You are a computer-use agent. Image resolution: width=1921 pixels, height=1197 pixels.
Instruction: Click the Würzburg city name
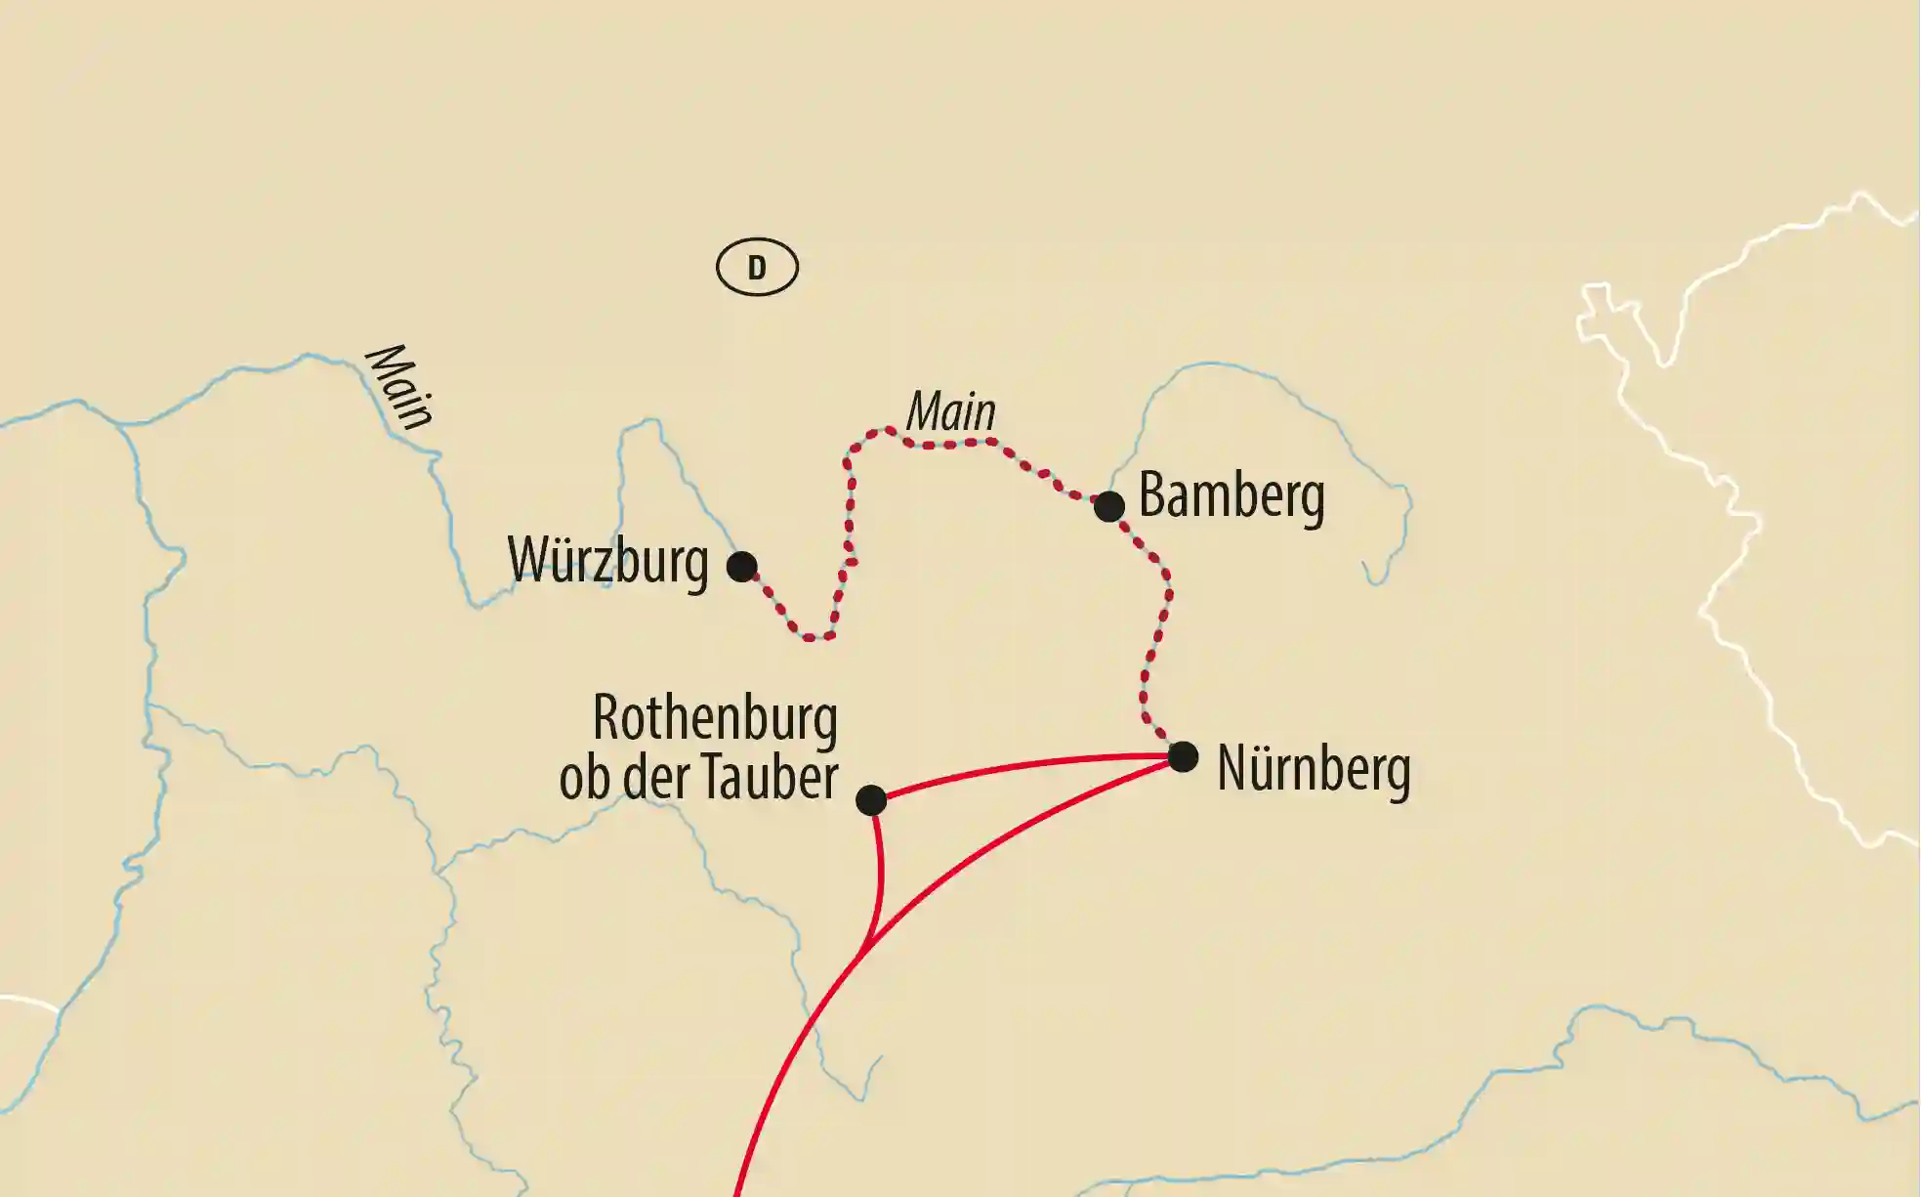pos(607,562)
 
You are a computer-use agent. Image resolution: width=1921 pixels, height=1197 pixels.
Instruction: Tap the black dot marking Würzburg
pos(742,566)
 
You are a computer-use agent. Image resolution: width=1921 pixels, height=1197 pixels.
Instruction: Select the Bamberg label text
pos(1232,496)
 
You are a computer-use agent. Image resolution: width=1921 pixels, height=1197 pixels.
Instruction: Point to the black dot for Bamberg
pos(1108,506)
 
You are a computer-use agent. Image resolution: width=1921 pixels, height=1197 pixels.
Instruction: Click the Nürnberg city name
pos(1314,769)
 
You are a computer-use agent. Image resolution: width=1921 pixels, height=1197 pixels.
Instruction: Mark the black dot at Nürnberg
pos(1183,756)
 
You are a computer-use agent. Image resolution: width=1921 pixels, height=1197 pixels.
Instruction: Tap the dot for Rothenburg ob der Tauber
pos(871,799)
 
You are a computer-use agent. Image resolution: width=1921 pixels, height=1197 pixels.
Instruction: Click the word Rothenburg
pos(715,719)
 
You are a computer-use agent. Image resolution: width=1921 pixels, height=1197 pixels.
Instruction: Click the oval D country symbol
pos(757,267)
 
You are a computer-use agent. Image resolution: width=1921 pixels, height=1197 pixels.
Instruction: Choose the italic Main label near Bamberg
pos(951,411)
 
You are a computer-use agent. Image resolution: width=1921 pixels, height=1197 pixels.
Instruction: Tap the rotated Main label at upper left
pos(398,387)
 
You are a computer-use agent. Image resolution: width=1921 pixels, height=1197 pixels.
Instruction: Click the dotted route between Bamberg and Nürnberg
pos(1158,635)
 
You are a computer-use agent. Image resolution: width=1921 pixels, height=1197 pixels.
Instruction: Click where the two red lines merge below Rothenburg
pos(864,946)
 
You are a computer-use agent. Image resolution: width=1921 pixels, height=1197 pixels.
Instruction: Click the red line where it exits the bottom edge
pos(738,1190)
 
